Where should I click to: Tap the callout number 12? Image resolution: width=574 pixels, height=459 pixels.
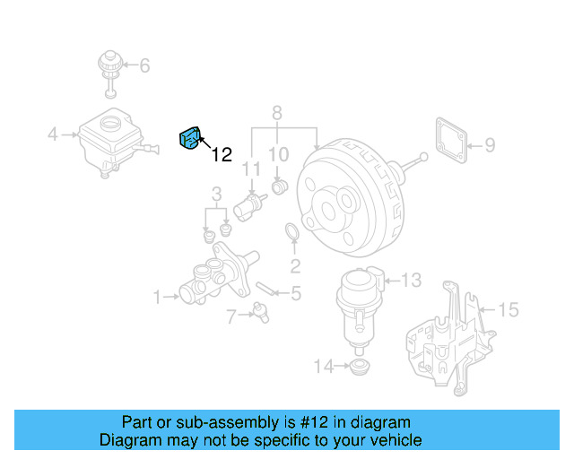pos(222,155)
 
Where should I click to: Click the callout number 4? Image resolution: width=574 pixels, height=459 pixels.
pos(53,135)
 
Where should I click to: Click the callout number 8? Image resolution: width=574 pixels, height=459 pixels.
pos(276,113)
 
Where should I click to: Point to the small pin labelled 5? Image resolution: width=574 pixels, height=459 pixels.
pos(265,289)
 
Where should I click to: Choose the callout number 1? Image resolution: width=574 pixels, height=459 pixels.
pos(157,296)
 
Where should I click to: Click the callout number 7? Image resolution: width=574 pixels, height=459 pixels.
pos(231,316)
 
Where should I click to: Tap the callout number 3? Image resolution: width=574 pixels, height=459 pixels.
pos(216,194)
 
